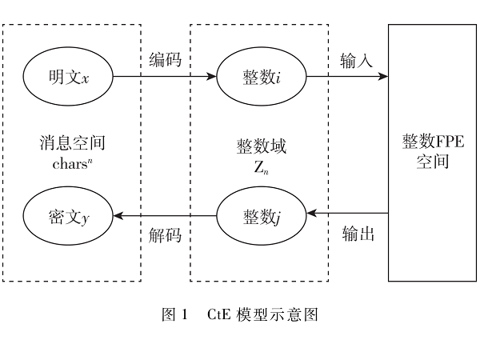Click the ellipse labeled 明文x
point(68,78)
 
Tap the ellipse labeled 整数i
point(261,78)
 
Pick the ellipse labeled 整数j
point(261,214)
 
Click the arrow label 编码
point(166,61)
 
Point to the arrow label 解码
point(166,234)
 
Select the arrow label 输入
point(356,61)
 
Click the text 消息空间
point(72,144)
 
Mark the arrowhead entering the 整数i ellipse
point(212,78)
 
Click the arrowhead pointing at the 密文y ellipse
point(119,214)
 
